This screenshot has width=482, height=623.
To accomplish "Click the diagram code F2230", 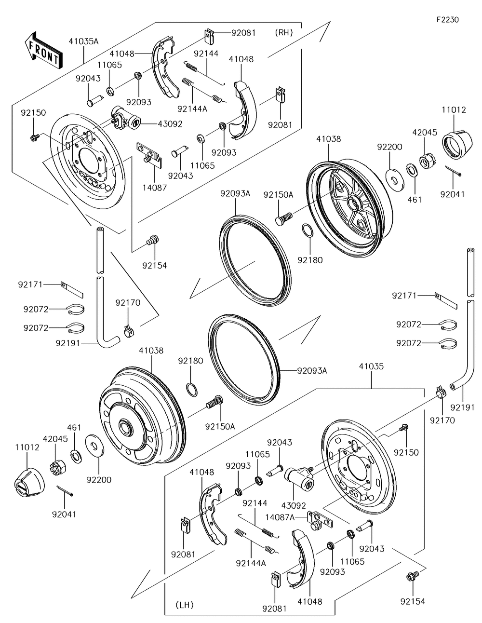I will tap(447, 20).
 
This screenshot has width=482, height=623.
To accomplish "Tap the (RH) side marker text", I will tap(284, 33).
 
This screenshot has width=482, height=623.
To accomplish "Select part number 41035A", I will tap(83, 41).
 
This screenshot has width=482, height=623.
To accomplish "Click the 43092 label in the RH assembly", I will tap(170, 123).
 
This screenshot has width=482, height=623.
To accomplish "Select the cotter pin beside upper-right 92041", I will tap(454, 171).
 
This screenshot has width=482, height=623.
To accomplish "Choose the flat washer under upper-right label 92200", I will tap(394, 176).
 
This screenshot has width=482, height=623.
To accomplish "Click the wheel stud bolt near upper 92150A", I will tap(283, 217).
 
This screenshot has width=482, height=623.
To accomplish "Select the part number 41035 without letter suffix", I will tap(371, 366).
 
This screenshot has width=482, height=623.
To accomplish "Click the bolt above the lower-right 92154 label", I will tap(413, 577).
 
